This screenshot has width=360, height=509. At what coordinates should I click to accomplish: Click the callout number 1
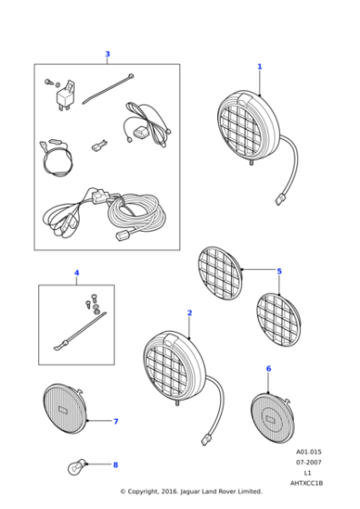coord(259,66)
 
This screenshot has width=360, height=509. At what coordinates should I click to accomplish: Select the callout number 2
coord(190,313)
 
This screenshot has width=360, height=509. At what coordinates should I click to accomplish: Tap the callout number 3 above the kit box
coord(107,55)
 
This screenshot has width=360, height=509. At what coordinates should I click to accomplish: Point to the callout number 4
coord(76,273)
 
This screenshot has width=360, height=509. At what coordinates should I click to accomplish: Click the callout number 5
coord(279,272)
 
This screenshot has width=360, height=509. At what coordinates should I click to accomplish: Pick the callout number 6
coord(268,369)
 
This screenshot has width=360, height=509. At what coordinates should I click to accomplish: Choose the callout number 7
coord(115,422)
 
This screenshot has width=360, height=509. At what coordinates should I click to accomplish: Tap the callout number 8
coord(115,464)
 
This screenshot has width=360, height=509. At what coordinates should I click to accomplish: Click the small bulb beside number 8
coord(77,467)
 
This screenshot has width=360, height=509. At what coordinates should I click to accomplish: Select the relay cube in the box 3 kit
coord(65,95)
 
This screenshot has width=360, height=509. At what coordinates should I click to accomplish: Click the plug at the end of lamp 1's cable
coord(279,199)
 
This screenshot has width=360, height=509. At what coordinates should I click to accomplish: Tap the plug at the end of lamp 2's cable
coord(205,440)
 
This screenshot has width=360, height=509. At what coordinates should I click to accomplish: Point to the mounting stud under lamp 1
coord(251,162)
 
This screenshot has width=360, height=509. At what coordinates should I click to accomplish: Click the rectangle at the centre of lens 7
coord(63,409)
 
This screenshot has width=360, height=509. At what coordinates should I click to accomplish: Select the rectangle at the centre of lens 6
coord(270,419)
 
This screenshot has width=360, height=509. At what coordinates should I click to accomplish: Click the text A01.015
coord(308,452)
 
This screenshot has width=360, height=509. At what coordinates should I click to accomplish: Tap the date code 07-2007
coord(308,462)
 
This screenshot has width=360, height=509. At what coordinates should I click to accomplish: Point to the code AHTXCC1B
coord(306,483)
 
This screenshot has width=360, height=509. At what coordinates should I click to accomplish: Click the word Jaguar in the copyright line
coord(190,492)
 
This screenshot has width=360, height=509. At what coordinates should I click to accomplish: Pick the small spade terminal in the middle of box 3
coord(99,145)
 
